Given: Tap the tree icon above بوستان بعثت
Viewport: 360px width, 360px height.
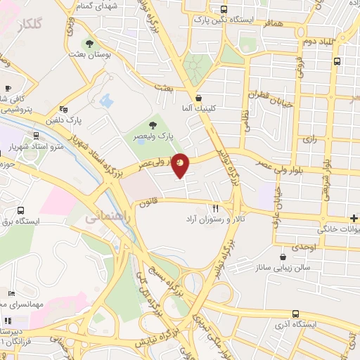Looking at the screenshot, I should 89,42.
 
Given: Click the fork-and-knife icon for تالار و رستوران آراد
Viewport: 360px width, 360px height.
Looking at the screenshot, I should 216,209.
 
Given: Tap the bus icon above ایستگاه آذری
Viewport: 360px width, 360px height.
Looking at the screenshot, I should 295,314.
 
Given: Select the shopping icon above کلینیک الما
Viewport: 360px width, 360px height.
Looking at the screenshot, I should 199,98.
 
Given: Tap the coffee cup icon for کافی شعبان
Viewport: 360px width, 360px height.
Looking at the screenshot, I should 8,89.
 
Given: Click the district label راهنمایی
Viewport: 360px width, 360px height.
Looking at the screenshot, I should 107,218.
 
